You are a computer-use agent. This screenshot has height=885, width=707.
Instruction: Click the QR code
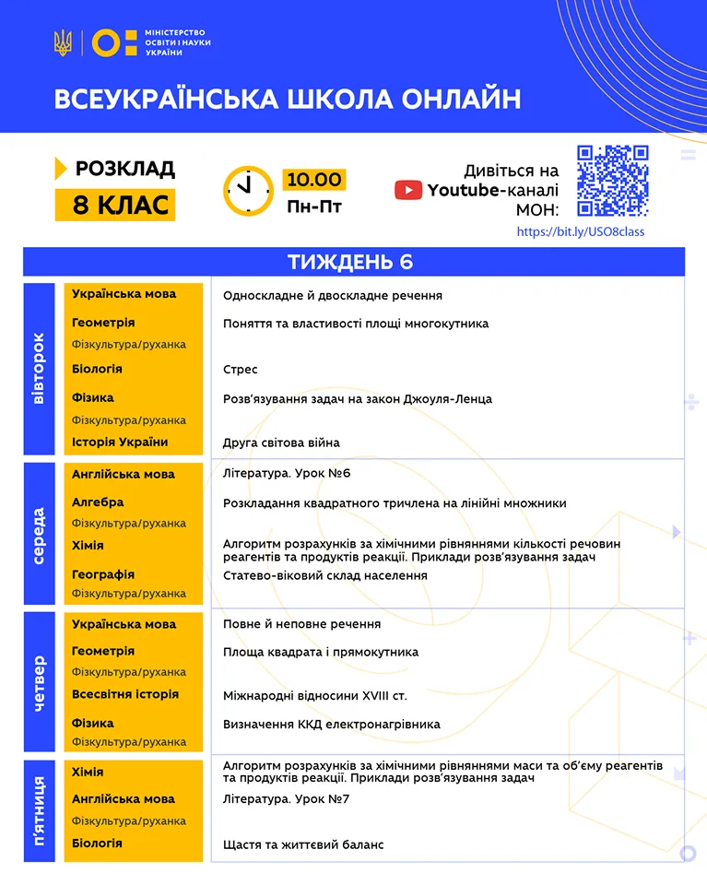point(612,181)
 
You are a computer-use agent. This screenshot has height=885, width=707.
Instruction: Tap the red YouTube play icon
point(408,190)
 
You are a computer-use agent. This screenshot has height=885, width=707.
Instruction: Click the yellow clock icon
point(248,191)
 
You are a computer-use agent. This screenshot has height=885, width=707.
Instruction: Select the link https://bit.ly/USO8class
point(581,231)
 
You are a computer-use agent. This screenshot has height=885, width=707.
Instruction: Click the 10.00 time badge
point(313,179)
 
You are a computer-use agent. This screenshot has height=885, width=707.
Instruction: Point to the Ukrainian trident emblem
point(63,42)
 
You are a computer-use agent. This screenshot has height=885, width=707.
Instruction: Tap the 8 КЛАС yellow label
point(114,205)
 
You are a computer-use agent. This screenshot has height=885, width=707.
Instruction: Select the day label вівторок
point(39,369)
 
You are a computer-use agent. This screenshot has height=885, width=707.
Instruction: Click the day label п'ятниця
point(39,811)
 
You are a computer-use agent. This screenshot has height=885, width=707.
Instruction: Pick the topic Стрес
point(240,370)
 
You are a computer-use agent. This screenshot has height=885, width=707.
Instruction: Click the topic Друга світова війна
point(281,442)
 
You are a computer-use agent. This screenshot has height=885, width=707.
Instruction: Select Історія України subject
point(120,442)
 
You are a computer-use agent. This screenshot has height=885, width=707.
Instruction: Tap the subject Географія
point(103,574)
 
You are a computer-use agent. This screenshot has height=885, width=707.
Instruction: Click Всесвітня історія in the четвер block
point(125,694)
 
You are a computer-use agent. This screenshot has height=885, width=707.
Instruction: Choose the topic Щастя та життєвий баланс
point(303,844)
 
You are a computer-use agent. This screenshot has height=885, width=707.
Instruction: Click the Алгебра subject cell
point(98,502)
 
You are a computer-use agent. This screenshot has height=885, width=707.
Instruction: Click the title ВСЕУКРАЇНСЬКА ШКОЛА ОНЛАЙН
point(287,99)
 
